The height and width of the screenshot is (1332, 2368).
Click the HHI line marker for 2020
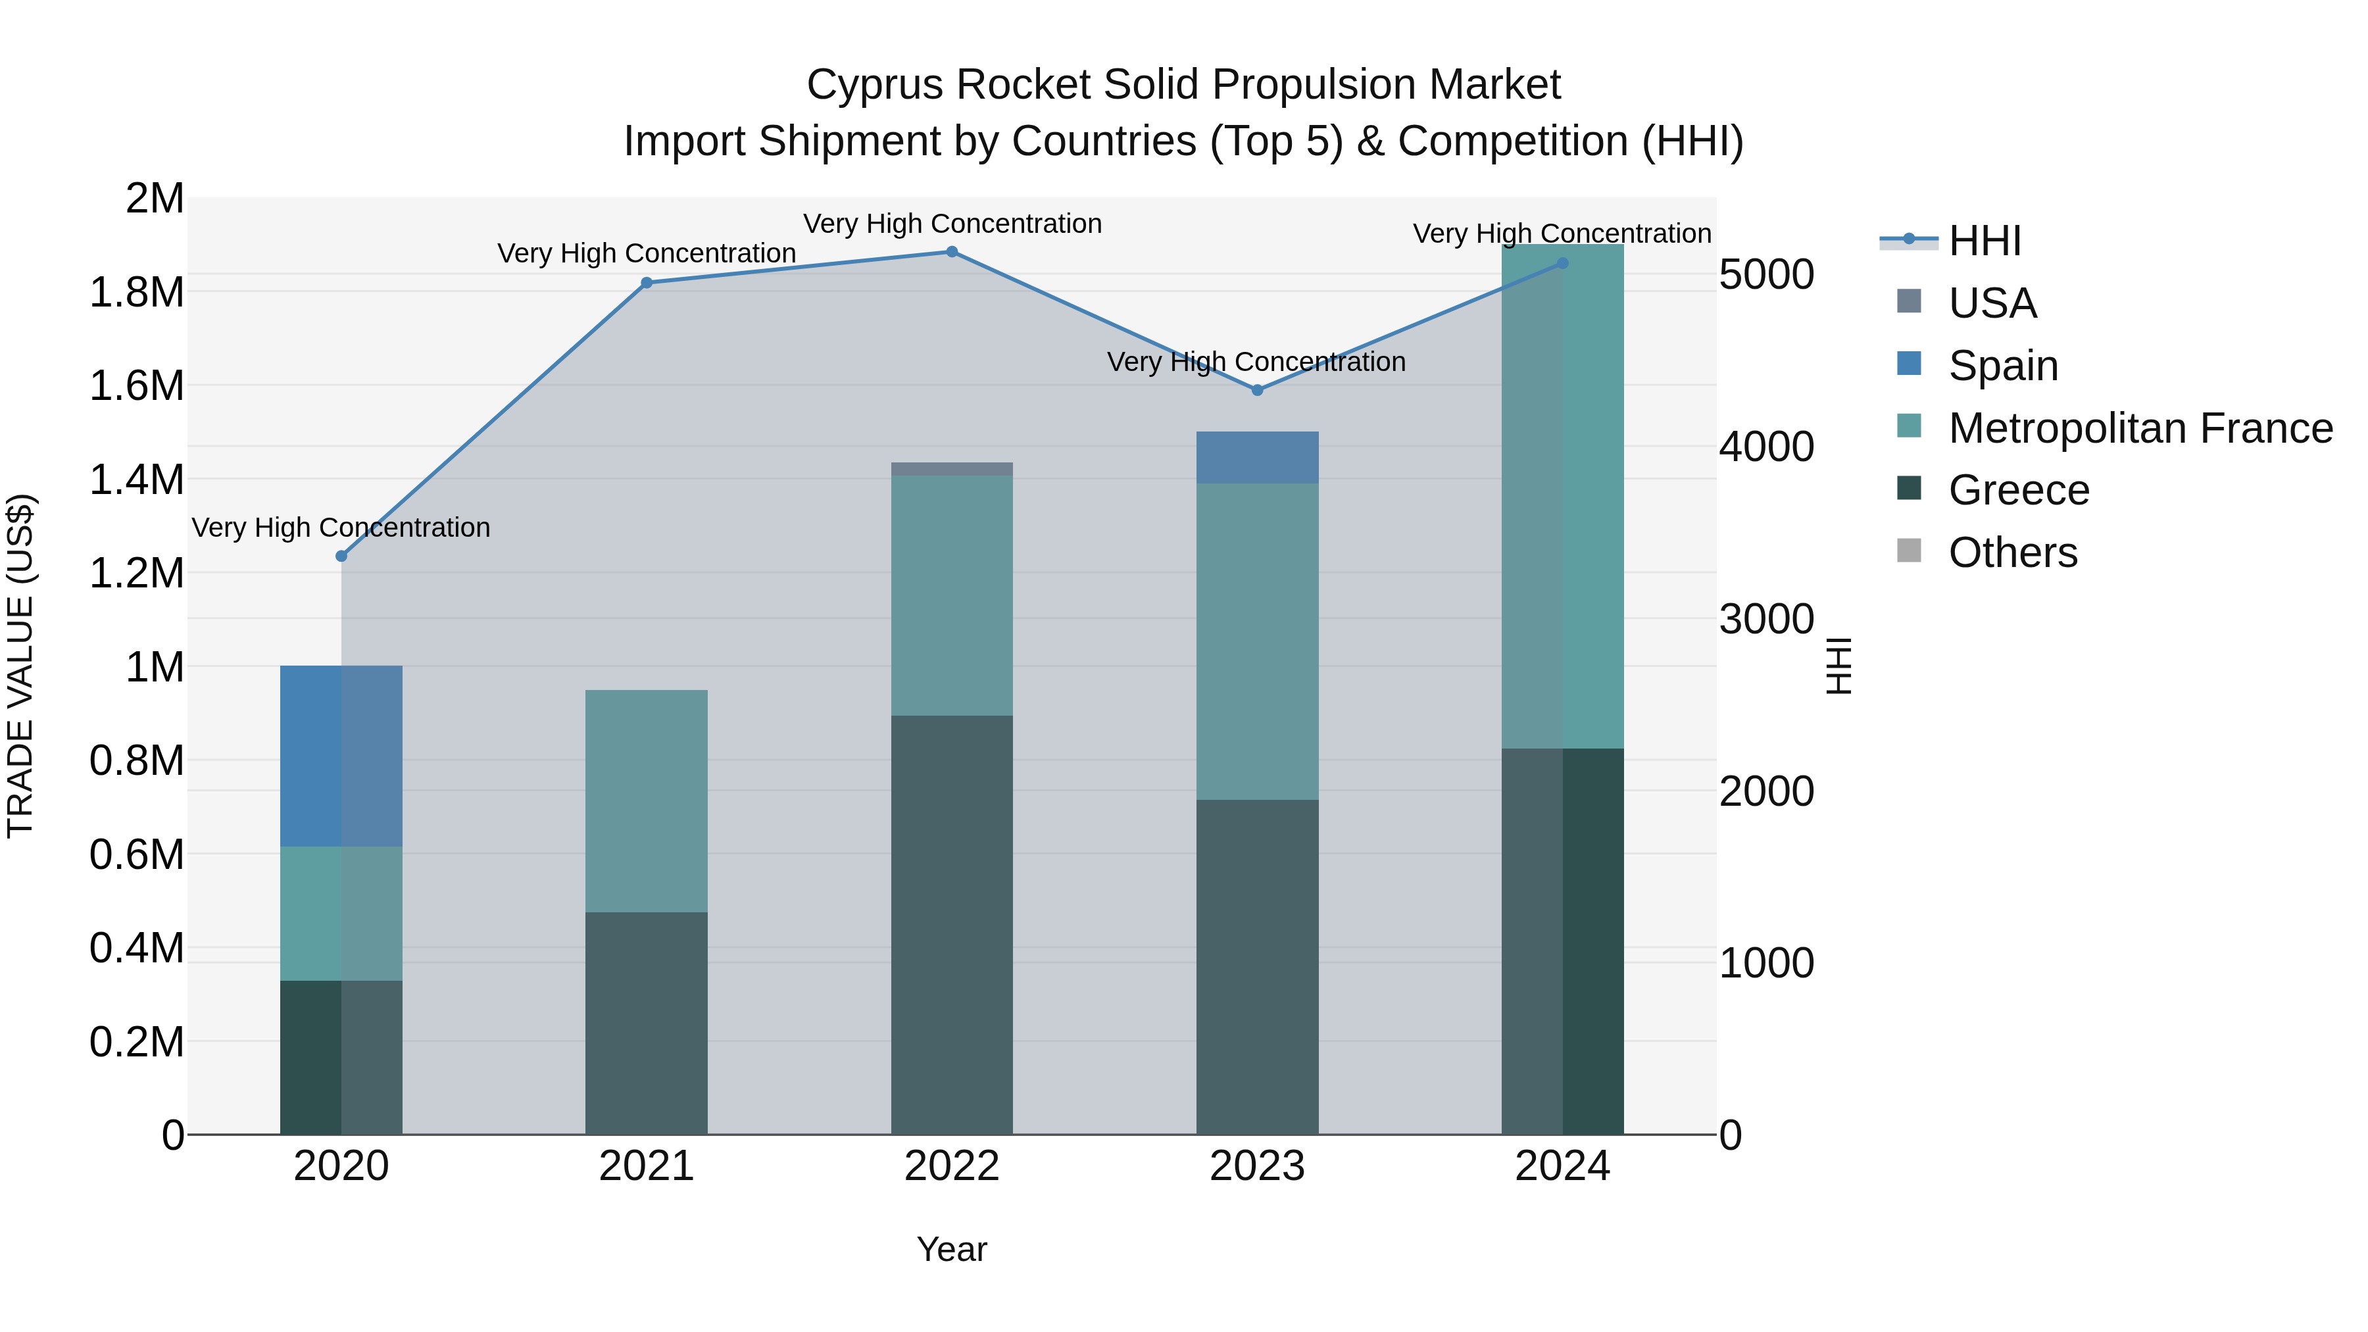click(x=341, y=556)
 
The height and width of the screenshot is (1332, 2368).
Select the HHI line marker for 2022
click(x=951, y=252)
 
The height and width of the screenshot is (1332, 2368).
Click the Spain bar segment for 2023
click(x=1256, y=457)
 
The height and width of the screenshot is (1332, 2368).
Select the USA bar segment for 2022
click(x=951, y=469)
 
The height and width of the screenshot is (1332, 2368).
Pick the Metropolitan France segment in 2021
click(x=646, y=801)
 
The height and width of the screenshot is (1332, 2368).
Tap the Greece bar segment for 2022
click(x=951, y=924)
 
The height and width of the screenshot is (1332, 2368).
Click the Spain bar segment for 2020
click(x=341, y=756)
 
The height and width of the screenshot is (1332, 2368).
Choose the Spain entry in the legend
click(x=2002, y=366)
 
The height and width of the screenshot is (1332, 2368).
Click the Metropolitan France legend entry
click(x=2140, y=428)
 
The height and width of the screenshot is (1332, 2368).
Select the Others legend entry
click(x=2012, y=553)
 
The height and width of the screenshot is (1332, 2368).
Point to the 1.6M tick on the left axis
click(x=136, y=386)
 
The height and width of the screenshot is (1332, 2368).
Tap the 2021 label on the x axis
click(x=646, y=1166)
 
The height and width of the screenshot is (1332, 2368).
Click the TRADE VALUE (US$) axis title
click(x=20, y=666)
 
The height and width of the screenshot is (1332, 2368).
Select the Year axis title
click(x=951, y=1249)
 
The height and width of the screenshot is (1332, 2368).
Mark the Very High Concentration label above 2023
click(x=1256, y=362)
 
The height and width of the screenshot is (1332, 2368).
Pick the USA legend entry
click(x=1992, y=303)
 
